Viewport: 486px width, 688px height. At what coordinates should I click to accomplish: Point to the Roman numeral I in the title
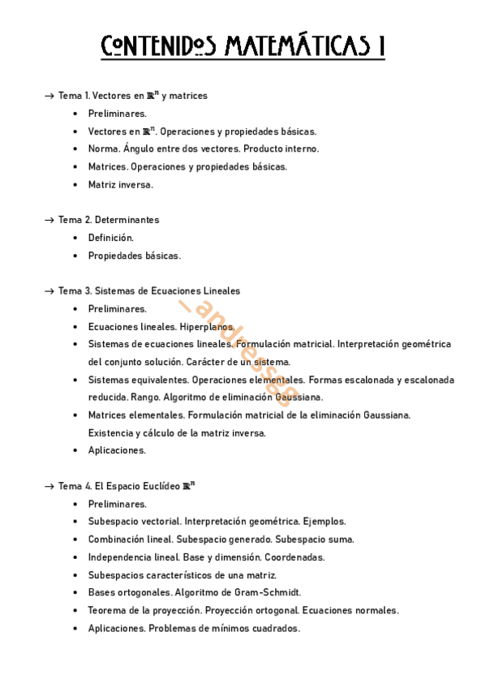pos(381,46)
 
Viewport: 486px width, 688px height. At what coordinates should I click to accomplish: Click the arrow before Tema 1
pos(49,96)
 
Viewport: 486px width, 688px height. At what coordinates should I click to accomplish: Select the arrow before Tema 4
pos(49,486)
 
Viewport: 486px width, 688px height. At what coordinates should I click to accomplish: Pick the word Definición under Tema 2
pos(110,238)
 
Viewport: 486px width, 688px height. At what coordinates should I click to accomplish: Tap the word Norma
pos(103,148)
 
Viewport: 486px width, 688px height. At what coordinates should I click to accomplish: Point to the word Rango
pos(147,398)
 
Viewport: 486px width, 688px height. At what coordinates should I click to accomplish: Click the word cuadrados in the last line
pos(276,628)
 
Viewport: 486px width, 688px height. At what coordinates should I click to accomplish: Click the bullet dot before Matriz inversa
pos(75,185)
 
